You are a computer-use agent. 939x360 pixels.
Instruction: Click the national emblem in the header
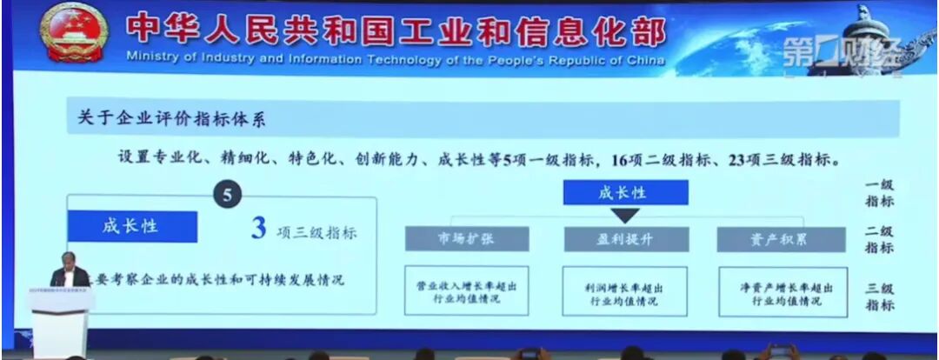coord(74,31)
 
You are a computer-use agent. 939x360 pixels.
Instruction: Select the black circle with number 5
coord(227,196)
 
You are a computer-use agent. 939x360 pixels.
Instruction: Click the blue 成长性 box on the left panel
coord(131,226)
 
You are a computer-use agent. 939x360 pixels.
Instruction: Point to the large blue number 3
coord(257,230)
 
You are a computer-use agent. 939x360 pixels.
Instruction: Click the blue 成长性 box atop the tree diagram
coord(625,192)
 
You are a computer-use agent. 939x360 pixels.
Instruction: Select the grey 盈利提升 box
coord(625,239)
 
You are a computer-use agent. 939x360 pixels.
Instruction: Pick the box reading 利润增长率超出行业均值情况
coord(625,291)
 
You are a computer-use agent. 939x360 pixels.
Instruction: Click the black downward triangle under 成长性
coord(625,215)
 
